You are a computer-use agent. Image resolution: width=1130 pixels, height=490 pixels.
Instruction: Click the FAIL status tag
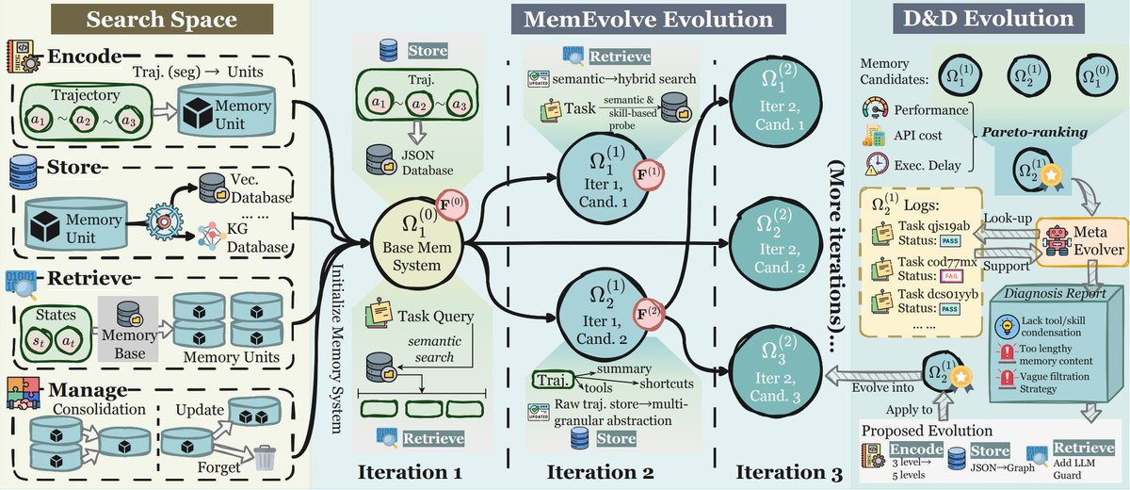951,275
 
